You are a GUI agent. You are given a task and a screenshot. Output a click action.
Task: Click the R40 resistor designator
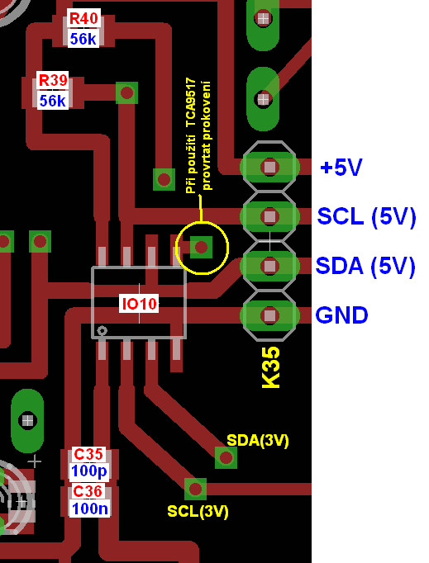point(83,18)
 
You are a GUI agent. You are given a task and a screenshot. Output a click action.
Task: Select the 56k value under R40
point(83,39)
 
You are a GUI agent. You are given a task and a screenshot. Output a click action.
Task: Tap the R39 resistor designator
point(53,80)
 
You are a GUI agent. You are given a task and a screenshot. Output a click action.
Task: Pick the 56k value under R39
point(53,101)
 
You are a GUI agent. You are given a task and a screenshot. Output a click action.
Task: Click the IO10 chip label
point(139,304)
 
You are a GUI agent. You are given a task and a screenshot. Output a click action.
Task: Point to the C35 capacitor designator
point(88,454)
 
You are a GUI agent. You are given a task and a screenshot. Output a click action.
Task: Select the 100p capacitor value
point(88,471)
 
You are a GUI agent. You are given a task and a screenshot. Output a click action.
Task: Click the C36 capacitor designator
point(88,491)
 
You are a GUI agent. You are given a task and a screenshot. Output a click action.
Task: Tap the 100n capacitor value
point(89,509)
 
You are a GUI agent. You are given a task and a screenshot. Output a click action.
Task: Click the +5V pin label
point(341,167)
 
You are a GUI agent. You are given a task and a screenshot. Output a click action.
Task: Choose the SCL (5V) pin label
point(366,216)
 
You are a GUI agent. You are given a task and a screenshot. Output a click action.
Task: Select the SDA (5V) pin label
point(365,266)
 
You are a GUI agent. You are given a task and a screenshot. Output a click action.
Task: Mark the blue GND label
point(341,315)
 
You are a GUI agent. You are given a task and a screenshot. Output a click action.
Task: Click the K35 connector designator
point(270,367)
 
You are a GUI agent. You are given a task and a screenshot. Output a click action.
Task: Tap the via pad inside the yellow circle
point(201,247)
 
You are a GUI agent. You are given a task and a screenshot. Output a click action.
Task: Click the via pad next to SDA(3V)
point(226,458)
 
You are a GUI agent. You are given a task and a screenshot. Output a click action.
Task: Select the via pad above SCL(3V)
point(195,489)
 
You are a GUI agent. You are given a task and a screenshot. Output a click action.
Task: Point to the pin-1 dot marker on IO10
point(102,330)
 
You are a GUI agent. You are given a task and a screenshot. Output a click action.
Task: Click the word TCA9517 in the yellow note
point(191,102)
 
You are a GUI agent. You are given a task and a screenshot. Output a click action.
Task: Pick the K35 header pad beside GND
point(269,315)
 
